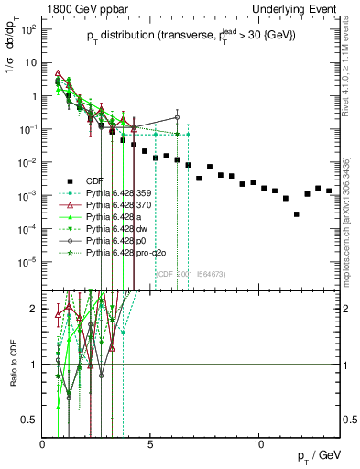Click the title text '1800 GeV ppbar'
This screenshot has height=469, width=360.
coord(78,6)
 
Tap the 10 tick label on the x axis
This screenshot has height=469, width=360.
coord(259,445)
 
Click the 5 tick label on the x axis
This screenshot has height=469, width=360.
coord(151,445)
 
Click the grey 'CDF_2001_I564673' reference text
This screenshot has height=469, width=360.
coord(191,273)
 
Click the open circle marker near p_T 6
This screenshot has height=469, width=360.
coord(177,117)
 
